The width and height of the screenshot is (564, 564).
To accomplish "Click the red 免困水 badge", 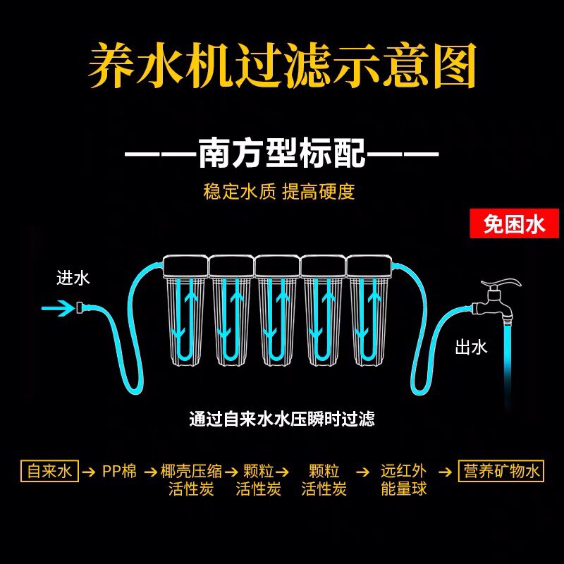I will (x=514, y=225).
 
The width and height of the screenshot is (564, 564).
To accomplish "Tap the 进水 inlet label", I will (x=73, y=278).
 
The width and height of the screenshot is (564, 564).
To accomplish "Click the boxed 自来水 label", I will (x=49, y=470).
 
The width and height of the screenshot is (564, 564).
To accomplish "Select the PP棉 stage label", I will (x=119, y=471).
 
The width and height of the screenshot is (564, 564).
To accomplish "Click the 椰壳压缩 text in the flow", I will (x=191, y=471).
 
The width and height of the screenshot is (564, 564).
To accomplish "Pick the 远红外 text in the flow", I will (x=403, y=471).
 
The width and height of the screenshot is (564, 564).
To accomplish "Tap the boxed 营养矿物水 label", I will (x=501, y=470).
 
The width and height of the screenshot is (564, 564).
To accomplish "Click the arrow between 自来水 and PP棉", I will (x=89, y=471).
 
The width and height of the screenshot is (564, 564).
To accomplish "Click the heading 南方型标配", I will (x=282, y=153).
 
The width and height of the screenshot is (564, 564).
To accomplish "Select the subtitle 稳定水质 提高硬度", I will (x=279, y=192).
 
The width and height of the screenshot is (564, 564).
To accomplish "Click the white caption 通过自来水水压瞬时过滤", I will (x=282, y=419).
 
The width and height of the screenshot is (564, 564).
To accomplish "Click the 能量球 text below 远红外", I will (x=403, y=489).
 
